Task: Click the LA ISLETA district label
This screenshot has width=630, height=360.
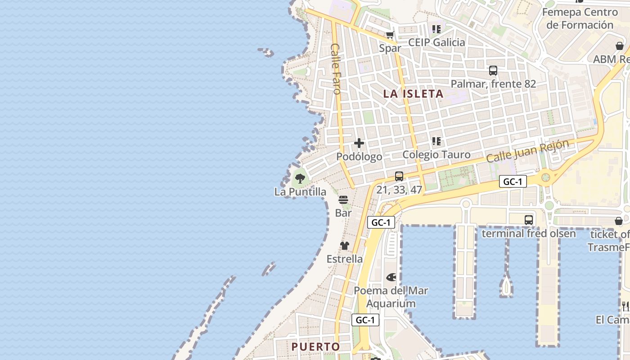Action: tap(413, 94)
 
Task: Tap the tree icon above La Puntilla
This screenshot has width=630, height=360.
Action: tap(300, 178)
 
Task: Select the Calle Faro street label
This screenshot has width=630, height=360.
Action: tap(336, 68)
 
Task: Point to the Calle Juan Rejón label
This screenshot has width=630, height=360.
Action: tap(527, 151)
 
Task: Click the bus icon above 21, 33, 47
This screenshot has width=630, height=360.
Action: tap(399, 176)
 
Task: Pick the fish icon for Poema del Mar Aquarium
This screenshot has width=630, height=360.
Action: tap(391, 277)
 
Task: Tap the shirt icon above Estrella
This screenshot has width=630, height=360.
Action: tap(345, 246)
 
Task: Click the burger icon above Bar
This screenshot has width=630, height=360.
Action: tap(343, 199)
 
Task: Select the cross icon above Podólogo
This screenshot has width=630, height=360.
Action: tap(359, 143)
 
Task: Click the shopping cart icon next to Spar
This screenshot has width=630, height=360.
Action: tap(390, 35)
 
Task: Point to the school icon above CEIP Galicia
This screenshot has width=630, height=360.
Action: tap(436, 29)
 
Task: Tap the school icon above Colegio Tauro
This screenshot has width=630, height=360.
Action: tap(436, 141)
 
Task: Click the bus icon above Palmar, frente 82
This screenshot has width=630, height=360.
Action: tap(493, 71)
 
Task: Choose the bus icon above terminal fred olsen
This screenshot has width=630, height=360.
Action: tap(529, 220)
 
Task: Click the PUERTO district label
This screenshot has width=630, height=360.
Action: tap(315, 346)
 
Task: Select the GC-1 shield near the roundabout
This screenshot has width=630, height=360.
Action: tap(513, 182)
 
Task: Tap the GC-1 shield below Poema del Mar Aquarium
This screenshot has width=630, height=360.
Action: tap(365, 320)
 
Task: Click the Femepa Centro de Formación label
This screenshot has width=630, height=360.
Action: tap(580, 18)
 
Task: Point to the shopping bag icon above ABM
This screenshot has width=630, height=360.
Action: tap(620, 46)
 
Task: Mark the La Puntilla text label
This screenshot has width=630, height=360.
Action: tap(300, 192)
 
